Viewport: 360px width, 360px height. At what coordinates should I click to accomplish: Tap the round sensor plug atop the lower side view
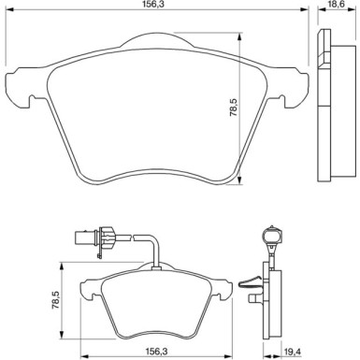click(x=270, y=232)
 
